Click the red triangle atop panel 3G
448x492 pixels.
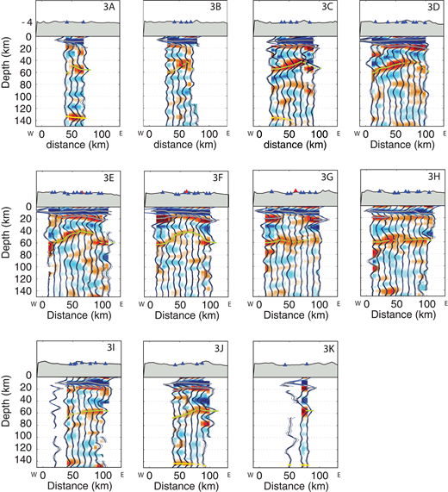(295, 190)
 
